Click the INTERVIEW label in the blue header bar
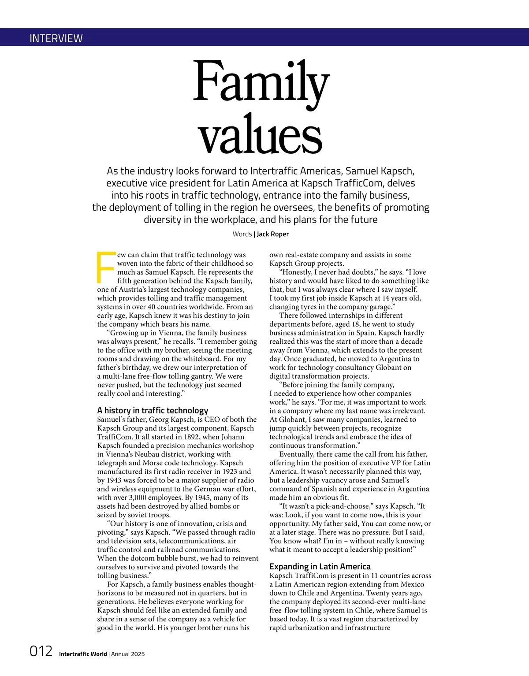tap(56, 38)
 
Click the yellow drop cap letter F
tap(105, 267)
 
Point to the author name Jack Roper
tap(272, 234)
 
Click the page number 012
tap(41, 651)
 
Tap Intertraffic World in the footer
tap(83, 654)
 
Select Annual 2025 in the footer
tap(128, 654)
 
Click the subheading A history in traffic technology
tap(153, 410)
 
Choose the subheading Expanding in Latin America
tap(320, 566)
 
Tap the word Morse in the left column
tap(154, 463)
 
